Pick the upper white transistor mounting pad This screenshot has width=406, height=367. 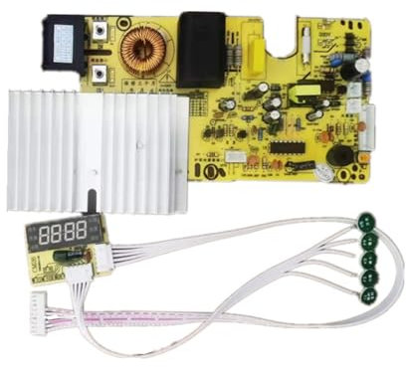101,33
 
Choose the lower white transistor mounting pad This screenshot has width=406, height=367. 101,74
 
